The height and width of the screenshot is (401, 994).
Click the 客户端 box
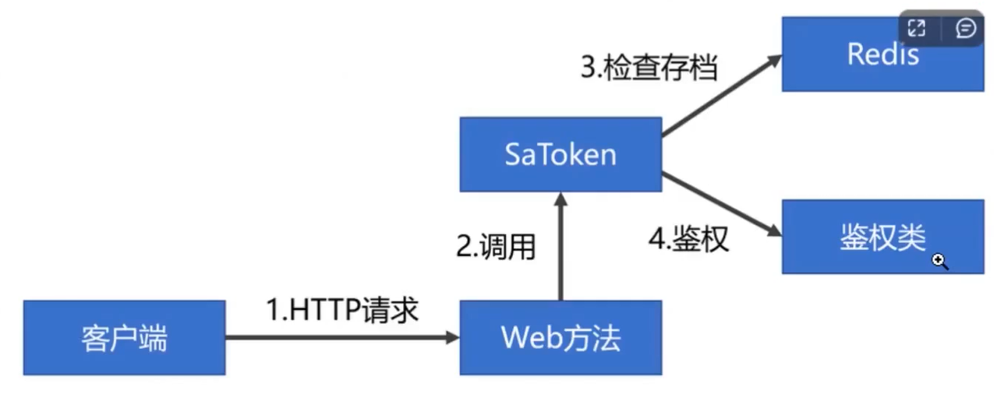point(124,338)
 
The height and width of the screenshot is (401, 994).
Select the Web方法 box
point(560,338)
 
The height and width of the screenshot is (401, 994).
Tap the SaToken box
point(560,154)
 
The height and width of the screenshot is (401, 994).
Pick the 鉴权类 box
point(883,237)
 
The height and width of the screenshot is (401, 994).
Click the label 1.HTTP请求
point(342,310)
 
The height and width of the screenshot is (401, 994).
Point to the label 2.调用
point(496,246)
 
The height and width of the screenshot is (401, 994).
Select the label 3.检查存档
point(649,69)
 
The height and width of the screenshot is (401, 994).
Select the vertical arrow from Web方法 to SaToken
point(560,248)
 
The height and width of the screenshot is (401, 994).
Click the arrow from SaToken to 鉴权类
point(721,204)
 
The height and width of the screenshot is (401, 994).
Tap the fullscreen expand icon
point(917,29)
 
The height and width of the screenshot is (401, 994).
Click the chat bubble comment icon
point(965,29)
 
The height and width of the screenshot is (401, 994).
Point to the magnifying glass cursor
point(940,262)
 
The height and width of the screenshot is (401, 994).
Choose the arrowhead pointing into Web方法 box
point(452,338)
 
